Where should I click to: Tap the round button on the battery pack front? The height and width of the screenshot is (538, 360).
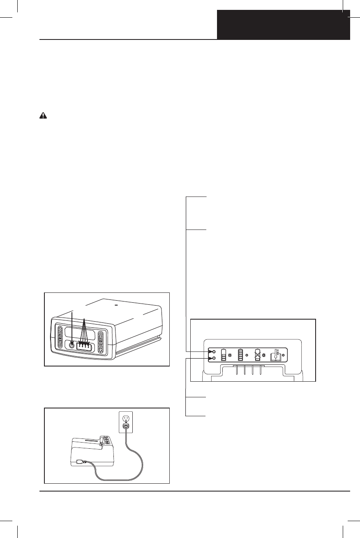[73, 345]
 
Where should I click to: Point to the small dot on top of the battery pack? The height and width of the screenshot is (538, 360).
[116, 305]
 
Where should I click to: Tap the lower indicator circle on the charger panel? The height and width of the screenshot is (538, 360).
[214, 359]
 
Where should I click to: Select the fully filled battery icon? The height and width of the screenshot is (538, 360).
[240, 354]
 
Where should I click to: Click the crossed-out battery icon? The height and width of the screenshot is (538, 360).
[258, 354]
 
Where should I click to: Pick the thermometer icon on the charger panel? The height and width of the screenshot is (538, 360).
[276, 354]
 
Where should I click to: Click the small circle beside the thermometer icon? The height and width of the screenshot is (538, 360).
[284, 354]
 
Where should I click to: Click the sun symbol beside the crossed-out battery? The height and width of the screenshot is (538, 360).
[264, 354]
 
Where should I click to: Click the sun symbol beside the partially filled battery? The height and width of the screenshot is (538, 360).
[230, 354]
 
